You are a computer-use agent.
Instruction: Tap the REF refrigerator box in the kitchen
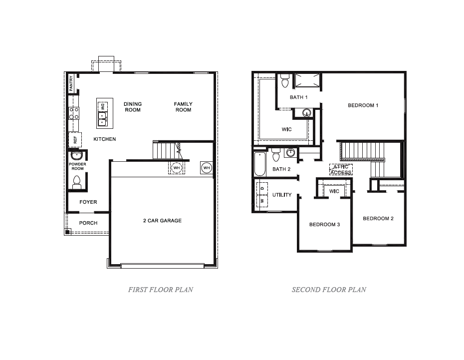tap(75, 140)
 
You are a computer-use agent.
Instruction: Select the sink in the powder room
tap(77, 155)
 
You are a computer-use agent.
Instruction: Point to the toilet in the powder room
tap(77, 186)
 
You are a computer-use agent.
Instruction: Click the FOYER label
tap(88, 202)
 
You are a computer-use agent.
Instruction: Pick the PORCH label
tap(88, 223)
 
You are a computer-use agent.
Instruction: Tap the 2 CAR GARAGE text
tap(163, 221)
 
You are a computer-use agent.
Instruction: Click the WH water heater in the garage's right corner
tap(207, 168)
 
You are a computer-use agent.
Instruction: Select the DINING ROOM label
tap(133, 107)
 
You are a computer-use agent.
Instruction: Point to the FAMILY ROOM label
tap(183, 107)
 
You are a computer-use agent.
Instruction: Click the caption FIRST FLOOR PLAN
tap(161, 290)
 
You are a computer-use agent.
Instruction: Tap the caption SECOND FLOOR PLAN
tap(329, 290)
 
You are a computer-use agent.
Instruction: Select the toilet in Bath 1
tap(285, 80)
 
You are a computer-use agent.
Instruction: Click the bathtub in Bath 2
tap(260, 164)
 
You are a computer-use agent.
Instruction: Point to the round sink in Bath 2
tap(291, 152)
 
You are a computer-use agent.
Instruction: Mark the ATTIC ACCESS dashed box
tap(341, 170)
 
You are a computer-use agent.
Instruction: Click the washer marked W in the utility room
tap(262, 201)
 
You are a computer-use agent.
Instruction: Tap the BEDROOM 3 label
tap(324, 225)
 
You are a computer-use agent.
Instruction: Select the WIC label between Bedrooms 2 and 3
tap(334, 191)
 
